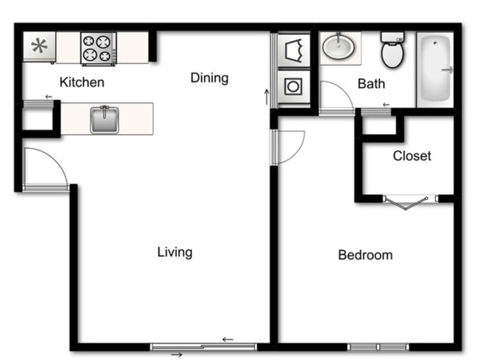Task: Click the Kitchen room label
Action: point(82,82)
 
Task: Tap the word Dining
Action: point(209,79)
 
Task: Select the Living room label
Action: point(175,253)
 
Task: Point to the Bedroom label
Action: point(365,255)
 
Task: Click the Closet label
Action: point(412,156)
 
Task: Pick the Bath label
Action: point(371,84)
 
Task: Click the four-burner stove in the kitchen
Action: point(98,49)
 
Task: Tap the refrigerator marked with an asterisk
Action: point(39,47)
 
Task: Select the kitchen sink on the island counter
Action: point(104,119)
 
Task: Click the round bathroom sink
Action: point(338,47)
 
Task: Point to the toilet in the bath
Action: point(392,49)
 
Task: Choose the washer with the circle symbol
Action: point(293,86)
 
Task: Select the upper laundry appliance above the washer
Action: point(293,50)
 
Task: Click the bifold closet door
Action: point(406,203)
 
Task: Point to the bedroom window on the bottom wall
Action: point(378,347)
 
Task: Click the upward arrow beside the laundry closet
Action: point(267,97)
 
